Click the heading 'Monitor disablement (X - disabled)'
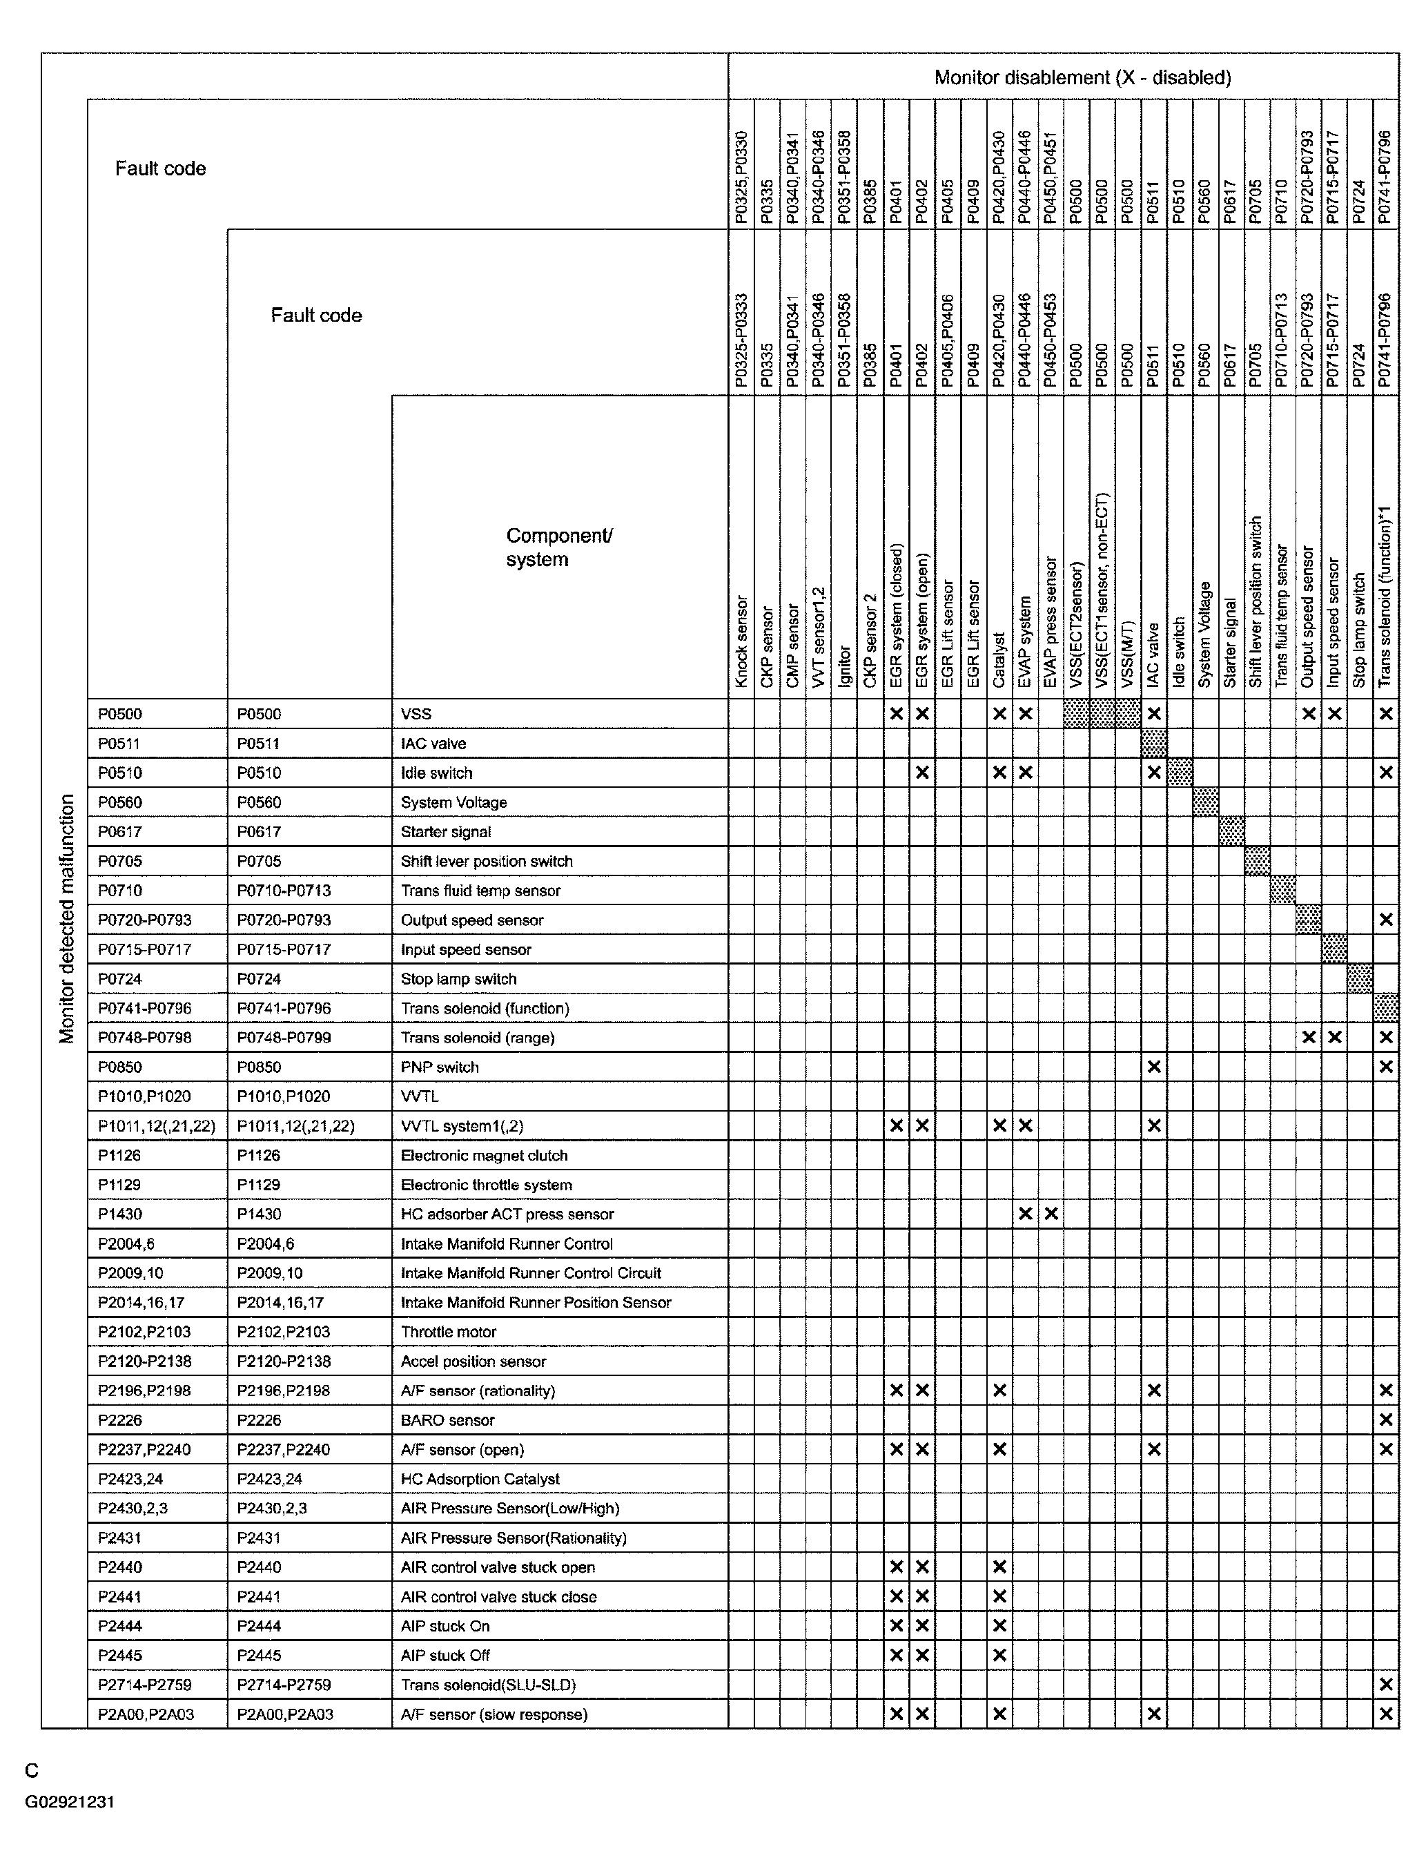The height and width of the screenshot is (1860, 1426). [1082, 77]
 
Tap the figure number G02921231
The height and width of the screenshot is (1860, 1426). [70, 1801]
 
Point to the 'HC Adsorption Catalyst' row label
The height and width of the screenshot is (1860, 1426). [480, 1479]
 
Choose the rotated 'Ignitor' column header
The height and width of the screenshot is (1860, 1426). [843, 666]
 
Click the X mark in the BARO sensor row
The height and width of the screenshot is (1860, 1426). [1385, 1420]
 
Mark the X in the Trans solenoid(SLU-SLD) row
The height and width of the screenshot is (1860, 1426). [1385, 1684]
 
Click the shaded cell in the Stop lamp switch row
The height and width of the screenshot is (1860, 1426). [1360, 978]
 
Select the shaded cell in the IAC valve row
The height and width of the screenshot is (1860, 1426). [1153, 743]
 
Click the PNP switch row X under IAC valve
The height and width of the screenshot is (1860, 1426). [1153, 1066]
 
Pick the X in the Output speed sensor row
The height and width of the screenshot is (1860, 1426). [1385, 920]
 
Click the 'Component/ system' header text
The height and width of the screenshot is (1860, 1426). [558, 548]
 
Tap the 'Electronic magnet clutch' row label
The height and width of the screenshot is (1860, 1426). [484, 1154]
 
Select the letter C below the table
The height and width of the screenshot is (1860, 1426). [32, 1770]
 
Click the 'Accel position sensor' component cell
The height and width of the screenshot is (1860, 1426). [473, 1361]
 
